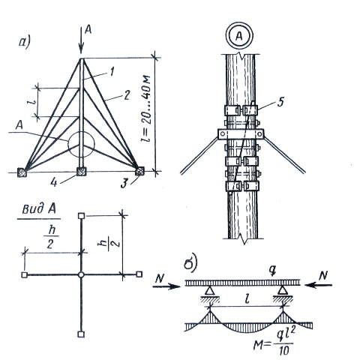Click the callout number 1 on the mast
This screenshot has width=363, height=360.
click(112, 72)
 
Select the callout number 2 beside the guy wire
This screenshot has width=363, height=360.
click(127, 95)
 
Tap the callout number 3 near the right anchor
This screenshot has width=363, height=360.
click(124, 184)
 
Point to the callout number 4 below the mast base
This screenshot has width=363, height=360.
click(54, 182)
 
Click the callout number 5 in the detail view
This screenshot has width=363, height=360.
click(280, 102)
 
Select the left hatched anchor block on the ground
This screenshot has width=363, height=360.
click(22, 172)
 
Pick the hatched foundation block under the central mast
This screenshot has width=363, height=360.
click(81, 171)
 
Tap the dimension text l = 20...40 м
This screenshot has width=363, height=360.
click(145, 108)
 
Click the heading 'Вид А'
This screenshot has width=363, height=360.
click(39, 209)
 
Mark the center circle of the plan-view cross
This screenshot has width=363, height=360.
click(81, 274)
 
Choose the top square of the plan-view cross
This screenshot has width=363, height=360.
click(82, 216)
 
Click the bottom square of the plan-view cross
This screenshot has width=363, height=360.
click(81, 334)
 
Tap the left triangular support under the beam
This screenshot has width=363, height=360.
click(210, 290)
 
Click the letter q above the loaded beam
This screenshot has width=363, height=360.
click(273, 270)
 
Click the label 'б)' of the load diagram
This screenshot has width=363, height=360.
click(191, 264)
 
